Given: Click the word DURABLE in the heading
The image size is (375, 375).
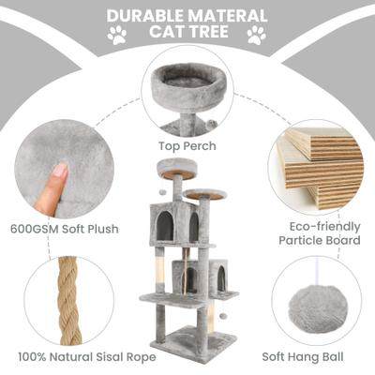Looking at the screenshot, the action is click(146, 16).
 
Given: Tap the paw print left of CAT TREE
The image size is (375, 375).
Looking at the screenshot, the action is click(117, 35).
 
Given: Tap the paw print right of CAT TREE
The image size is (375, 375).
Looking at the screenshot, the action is click(257, 35).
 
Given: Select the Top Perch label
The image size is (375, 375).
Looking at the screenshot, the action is click(187, 146).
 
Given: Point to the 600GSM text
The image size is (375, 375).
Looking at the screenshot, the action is click(35, 229).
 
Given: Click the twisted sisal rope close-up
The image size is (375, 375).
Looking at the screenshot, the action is click(68, 301).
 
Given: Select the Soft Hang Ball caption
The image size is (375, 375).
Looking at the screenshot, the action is click(303, 356).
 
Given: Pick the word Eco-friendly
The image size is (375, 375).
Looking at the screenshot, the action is click(324, 226).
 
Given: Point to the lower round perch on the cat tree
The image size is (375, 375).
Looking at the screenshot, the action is click(205, 194).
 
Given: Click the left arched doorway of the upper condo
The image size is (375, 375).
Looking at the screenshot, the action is click(165, 225).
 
